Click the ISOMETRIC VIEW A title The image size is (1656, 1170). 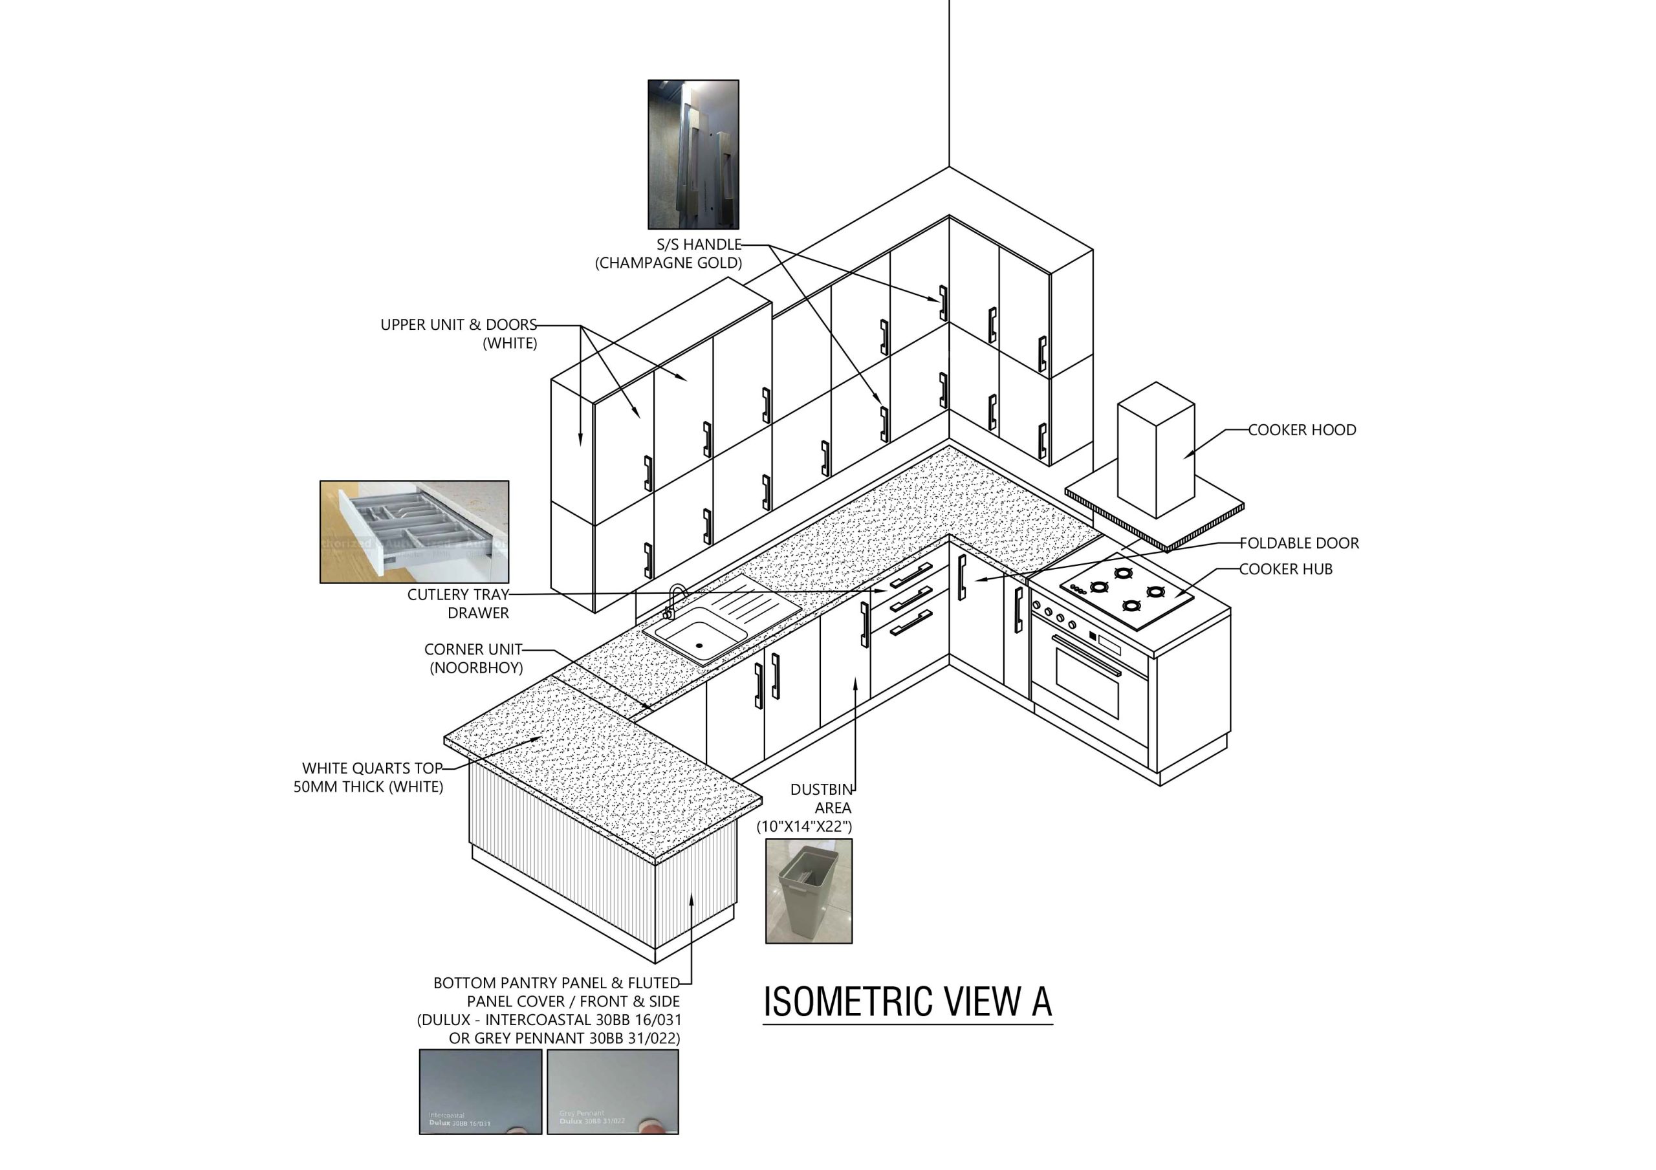[x=908, y=1002]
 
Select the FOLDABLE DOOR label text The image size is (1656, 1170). [x=1299, y=543]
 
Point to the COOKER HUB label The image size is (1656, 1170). [x=1286, y=569]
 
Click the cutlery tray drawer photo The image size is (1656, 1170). [x=414, y=532]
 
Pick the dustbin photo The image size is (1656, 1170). [x=809, y=891]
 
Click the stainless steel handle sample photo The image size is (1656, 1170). [x=693, y=155]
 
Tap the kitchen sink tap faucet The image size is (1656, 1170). [x=675, y=600]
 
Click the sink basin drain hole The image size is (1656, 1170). [x=699, y=645]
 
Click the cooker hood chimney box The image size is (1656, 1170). [x=1155, y=451]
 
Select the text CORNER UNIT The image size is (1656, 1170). [x=472, y=649]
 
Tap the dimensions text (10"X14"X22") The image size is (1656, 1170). [x=804, y=827]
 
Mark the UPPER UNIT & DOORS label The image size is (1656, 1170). [x=459, y=325]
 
